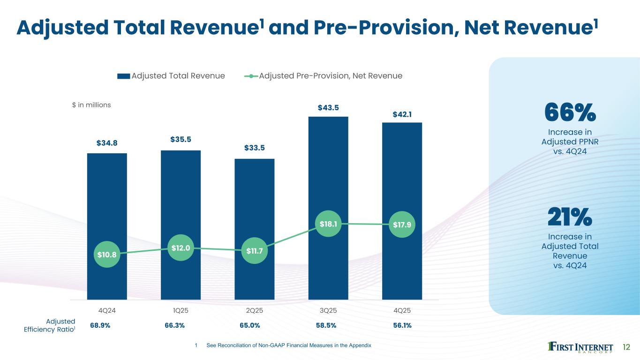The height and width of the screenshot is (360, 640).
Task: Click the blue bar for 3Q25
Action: tap(328, 178)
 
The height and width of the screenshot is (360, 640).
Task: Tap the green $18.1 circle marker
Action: tap(328, 224)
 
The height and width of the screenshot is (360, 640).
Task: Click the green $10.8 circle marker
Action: tap(107, 255)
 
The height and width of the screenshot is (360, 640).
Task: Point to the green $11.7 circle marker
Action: tap(255, 251)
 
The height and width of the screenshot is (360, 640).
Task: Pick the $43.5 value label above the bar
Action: tap(328, 108)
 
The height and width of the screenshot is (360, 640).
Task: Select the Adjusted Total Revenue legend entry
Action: tap(171, 76)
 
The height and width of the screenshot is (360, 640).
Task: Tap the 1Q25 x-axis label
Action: tap(181, 310)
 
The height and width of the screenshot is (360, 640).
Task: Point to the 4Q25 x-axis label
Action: tap(402, 310)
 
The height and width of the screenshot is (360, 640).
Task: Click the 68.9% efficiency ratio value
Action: tap(100, 325)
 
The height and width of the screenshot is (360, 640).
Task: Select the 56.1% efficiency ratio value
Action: tap(402, 325)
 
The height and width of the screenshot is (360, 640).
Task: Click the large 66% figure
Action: tap(570, 112)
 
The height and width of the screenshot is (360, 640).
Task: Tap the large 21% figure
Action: tap(570, 217)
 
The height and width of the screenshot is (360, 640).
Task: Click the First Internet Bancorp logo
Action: tap(580, 347)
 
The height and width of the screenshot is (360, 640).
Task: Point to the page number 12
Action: tap(627, 347)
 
